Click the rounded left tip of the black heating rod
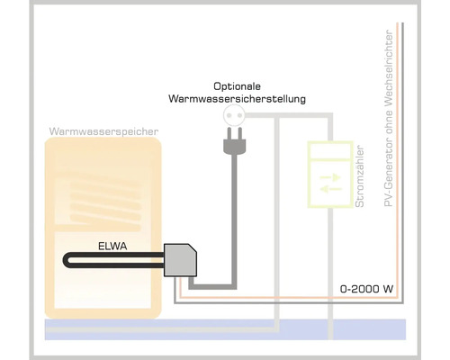pyautogui.click(x=66, y=262)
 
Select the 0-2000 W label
pyautogui.click(x=366, y=291)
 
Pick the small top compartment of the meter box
pyautogui.click(x=329, y=149)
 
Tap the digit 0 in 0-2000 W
pyautogui.click(x=342, y=291)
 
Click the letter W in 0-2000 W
pyautogui.click(x=389, y=291)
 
